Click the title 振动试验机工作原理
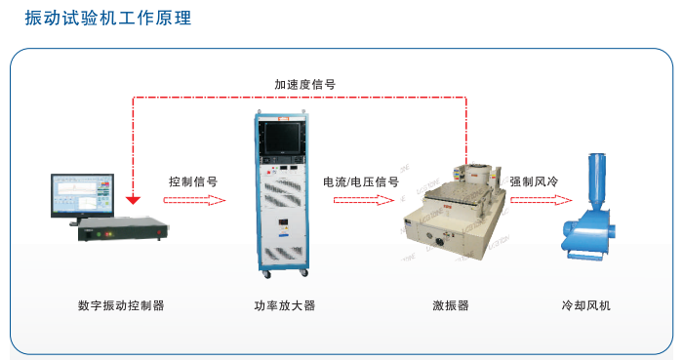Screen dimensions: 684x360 [107, 18]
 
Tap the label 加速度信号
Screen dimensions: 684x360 [304, 84]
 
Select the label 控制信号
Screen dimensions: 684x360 [193, 181]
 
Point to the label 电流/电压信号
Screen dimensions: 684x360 [361, 181]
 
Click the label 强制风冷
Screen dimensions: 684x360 [534, 181]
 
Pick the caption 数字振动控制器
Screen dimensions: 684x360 [121, 305]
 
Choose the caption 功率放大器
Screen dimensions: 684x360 [284, 305]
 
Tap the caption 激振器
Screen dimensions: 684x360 [451, 305]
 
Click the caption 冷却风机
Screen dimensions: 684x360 [585, 305]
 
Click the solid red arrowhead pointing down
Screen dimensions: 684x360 [133, 200]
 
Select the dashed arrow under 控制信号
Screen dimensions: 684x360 [194, 200]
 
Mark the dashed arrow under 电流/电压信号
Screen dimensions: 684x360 [364, 200]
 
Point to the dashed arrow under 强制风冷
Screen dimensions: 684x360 [542, 200]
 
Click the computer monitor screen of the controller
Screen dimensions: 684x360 [82, 195]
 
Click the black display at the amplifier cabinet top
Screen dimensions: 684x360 [282, 137]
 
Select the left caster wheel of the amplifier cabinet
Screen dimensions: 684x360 [266, 274]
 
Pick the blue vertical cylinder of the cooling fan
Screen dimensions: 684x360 [596, 179]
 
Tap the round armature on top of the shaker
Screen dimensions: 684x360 [479, 174]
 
